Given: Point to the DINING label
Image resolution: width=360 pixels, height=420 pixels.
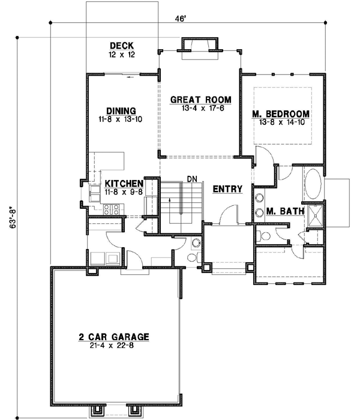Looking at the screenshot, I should click(x=121, y=110).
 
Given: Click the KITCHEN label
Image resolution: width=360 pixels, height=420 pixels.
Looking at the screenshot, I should click(x=124, y=184).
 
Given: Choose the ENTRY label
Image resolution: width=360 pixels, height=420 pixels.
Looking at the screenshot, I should click(x=228, y=189).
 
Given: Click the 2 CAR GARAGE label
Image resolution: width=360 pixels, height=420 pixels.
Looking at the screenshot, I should click(x=114, y=337).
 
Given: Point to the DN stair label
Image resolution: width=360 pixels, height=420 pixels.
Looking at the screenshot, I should click(x=193, y=179).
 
